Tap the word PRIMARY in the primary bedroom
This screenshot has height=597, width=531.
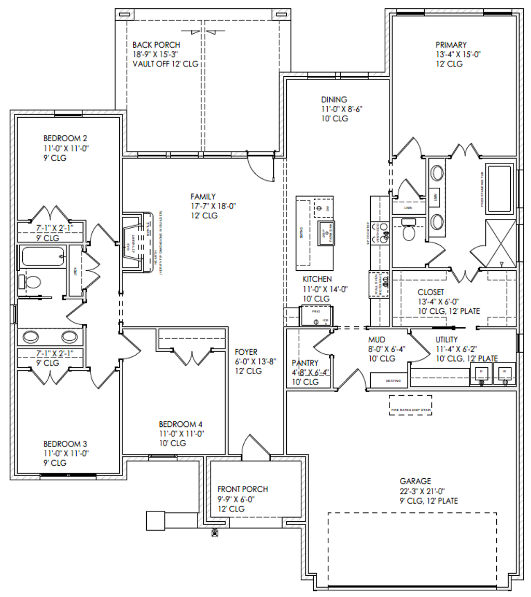451,45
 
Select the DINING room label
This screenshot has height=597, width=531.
333,100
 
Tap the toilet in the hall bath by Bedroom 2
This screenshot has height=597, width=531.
32,282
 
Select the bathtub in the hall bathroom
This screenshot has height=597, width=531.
41,256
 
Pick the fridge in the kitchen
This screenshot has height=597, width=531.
316,315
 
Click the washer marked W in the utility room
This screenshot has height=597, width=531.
504,373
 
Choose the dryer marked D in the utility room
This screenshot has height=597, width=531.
480,373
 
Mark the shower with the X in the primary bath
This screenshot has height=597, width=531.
500,243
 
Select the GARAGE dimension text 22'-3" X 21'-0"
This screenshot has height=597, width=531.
423,491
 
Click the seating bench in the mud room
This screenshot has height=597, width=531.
393,380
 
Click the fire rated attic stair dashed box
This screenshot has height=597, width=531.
410,405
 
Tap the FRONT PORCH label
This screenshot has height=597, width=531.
243,489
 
